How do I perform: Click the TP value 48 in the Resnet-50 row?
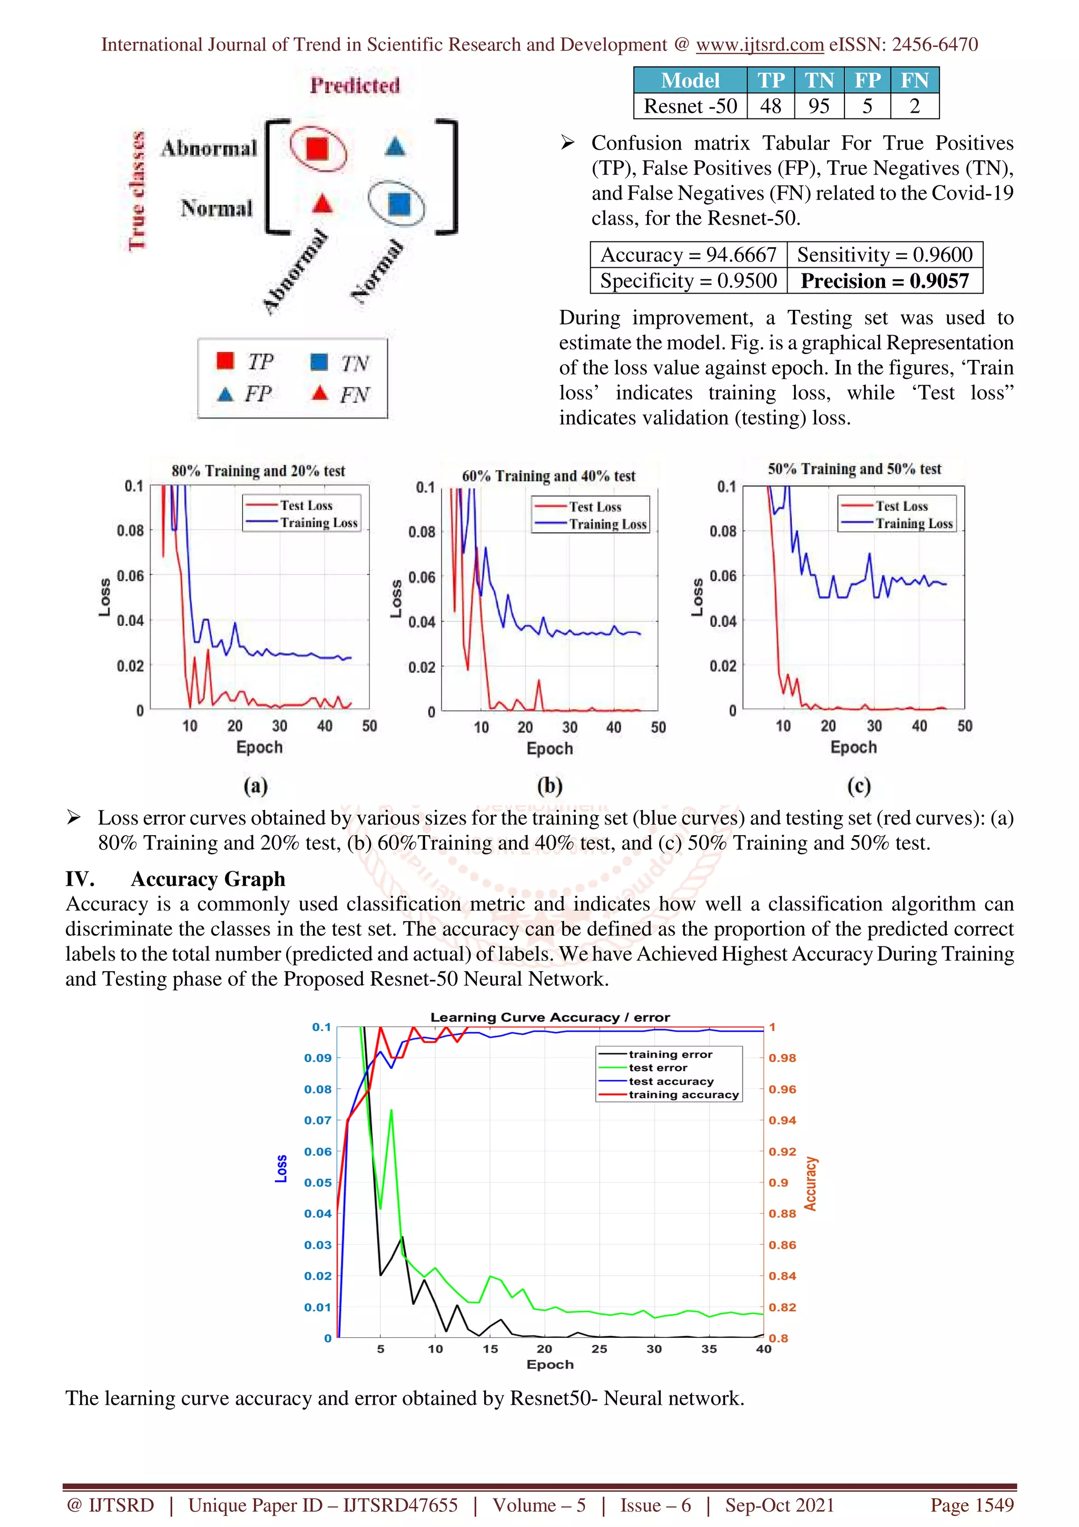(x=770, y=106)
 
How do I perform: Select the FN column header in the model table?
(x=914, y=81)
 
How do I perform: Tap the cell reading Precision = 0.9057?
(x=884, y=281)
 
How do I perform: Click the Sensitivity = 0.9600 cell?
(x=884, y=254)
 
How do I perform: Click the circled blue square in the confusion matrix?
(x=398, y=204)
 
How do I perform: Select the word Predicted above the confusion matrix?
(x=355, y=85)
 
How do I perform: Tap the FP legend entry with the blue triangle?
(x=244, y=394)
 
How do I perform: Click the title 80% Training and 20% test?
(x=259, y=471)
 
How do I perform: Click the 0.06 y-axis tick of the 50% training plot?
(x=723, y=576)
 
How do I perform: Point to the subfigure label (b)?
(x=550, y=786)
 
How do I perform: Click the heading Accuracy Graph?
(x=208, y=879)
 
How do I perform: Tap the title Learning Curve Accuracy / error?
(x=550, y=1017)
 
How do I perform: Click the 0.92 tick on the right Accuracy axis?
(x=782, y=1151)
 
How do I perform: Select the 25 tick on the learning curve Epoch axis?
(x=599, y=1349)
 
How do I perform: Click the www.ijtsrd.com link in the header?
(x=760, y=45)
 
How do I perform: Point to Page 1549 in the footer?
(x=972, y=1505)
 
